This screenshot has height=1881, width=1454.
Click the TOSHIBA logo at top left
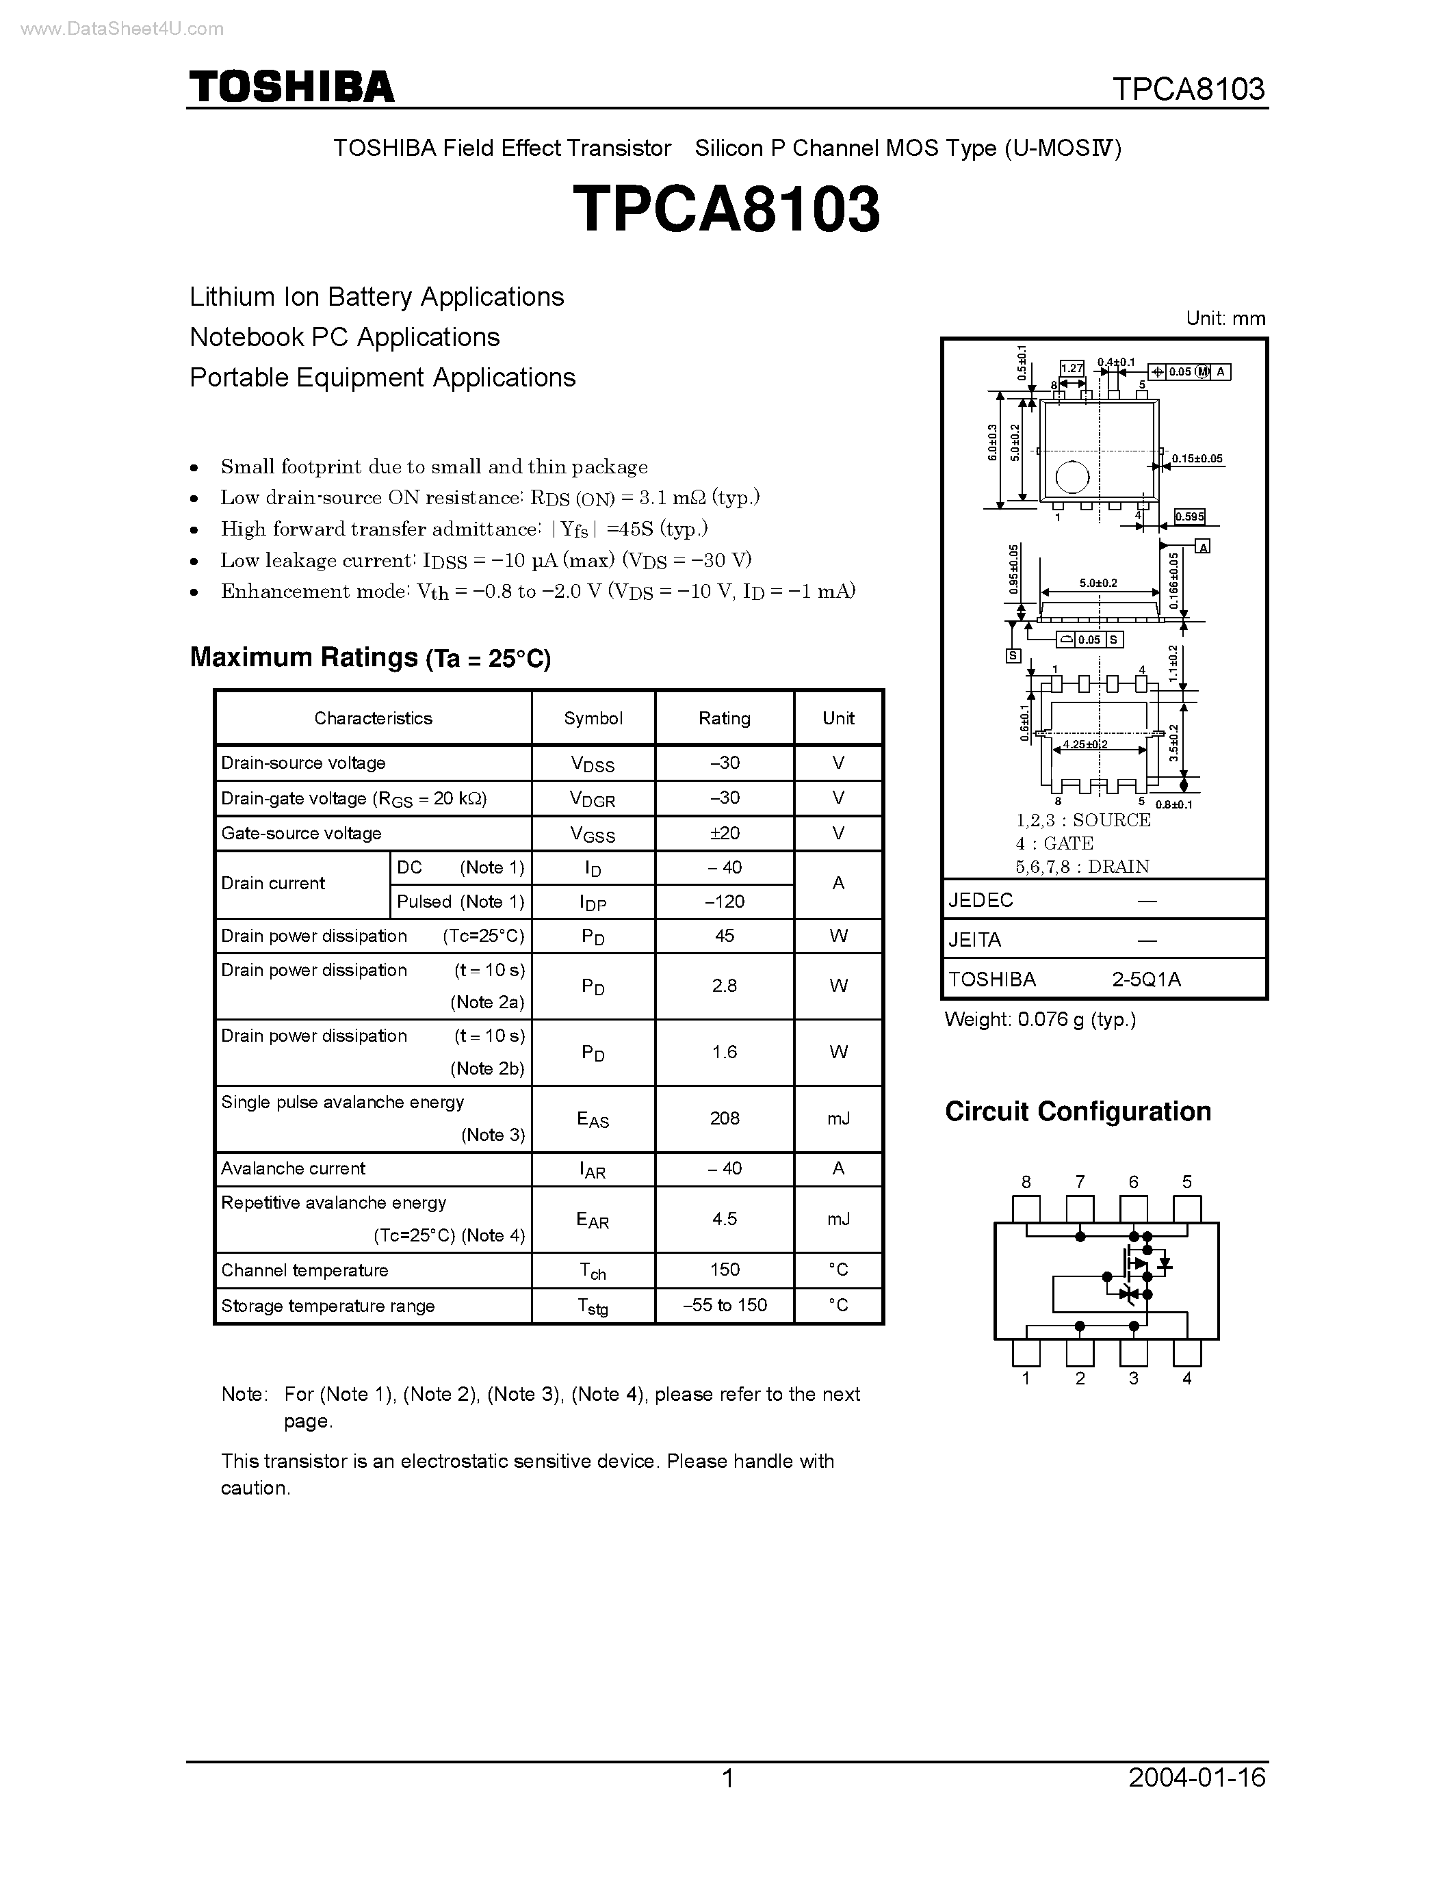[x=291, y=87]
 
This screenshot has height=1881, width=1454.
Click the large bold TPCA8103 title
[x=726, y=209]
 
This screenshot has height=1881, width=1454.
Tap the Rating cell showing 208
[x=725, y=1118]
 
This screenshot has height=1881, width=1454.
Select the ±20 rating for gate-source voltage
[x=725, y=833]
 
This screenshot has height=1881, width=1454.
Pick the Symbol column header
[x=593, y=718]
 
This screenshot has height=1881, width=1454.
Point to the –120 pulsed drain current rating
[x=725, y=902]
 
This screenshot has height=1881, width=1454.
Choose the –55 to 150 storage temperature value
[x=725, y=1305]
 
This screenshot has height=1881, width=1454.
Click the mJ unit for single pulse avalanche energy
[x=838, y=1118]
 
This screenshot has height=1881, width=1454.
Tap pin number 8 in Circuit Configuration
[x=1026, y=1183]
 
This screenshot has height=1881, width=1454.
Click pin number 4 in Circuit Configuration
[x=1187, y=1378]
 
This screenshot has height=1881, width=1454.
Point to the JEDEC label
[x=981, y=900]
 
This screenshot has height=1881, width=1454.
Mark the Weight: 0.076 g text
[x=1039, y=1020]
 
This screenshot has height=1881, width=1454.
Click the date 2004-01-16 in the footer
[x=1197, y=1778]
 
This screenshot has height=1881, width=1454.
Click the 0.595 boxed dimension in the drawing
[x=1190, y=516]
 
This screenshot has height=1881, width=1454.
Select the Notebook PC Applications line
[x=345, y=337]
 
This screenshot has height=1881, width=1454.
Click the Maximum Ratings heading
[x=369, y=658]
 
